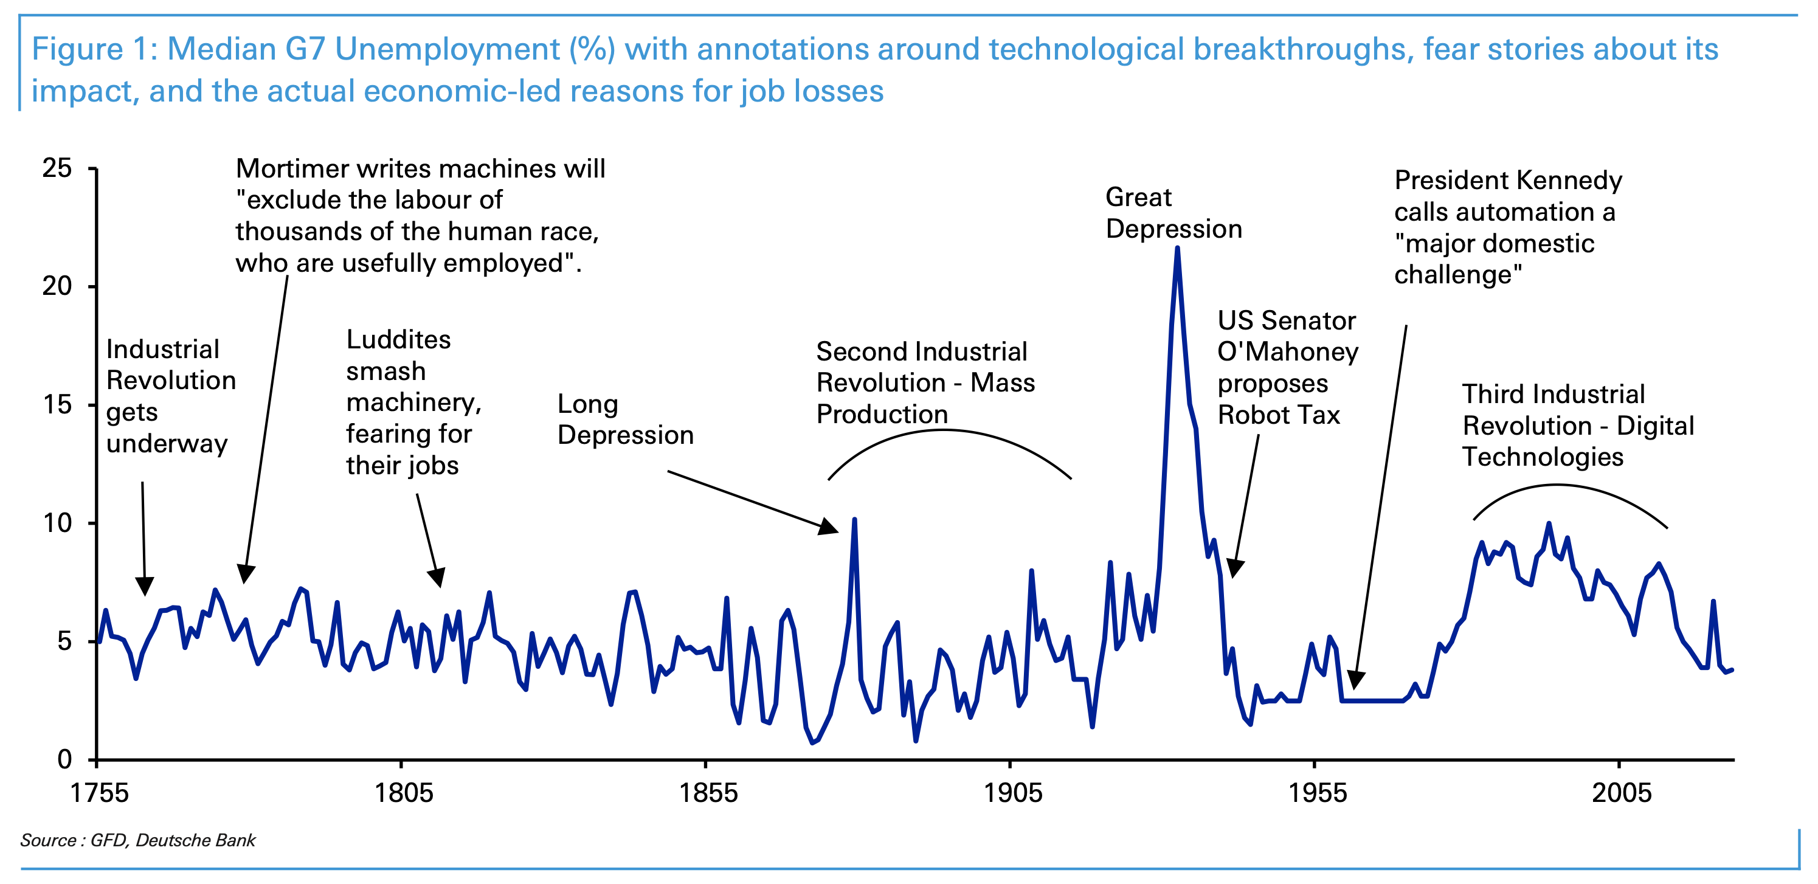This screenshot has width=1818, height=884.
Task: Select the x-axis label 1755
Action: click(x=100, y=793)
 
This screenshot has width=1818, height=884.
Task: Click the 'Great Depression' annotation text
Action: click(x=1173, y=213)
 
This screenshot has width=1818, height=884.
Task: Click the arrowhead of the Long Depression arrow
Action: click(x=830, y=527)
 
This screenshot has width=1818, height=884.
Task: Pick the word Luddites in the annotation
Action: click(x=398, y=340)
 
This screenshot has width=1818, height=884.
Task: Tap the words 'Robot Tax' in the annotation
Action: click(x=1278, y=415)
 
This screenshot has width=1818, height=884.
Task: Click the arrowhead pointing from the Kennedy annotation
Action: click(x=1355, y=681)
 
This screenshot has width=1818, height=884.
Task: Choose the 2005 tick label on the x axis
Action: click(x=1621, y=793)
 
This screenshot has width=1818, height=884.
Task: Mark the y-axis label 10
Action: click(x=57, y=523)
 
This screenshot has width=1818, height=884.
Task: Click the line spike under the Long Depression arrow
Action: click(x=854, y=520)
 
